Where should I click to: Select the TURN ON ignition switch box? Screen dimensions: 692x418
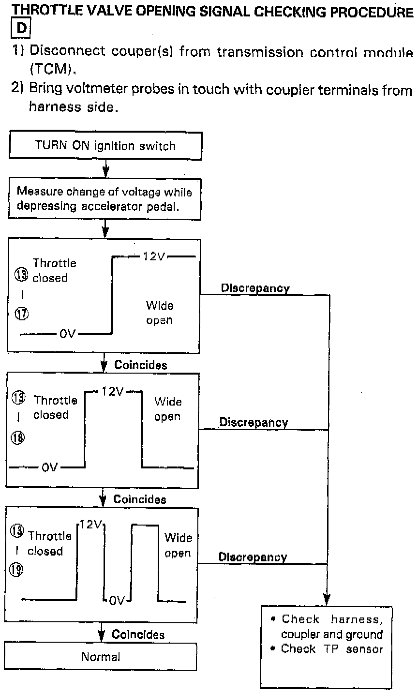(x=105, y=146)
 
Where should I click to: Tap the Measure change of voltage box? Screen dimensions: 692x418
(x=104, y=199)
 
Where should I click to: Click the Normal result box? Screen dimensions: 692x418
(x=101, y=657)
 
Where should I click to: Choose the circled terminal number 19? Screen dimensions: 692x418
(x=16, y=570)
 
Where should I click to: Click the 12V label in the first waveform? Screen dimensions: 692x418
(x=154, y=256)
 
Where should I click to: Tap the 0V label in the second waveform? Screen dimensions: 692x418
(x=50, y=467)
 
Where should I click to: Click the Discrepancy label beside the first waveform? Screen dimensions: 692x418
(x=255, y=288)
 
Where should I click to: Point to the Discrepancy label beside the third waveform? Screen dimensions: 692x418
(x=253, y=557)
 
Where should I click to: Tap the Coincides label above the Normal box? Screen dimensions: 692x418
(x=138, y=634)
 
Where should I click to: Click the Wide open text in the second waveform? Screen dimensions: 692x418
(x=168, y=409)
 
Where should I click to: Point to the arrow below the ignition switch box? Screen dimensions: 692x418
(x=105, y=170)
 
